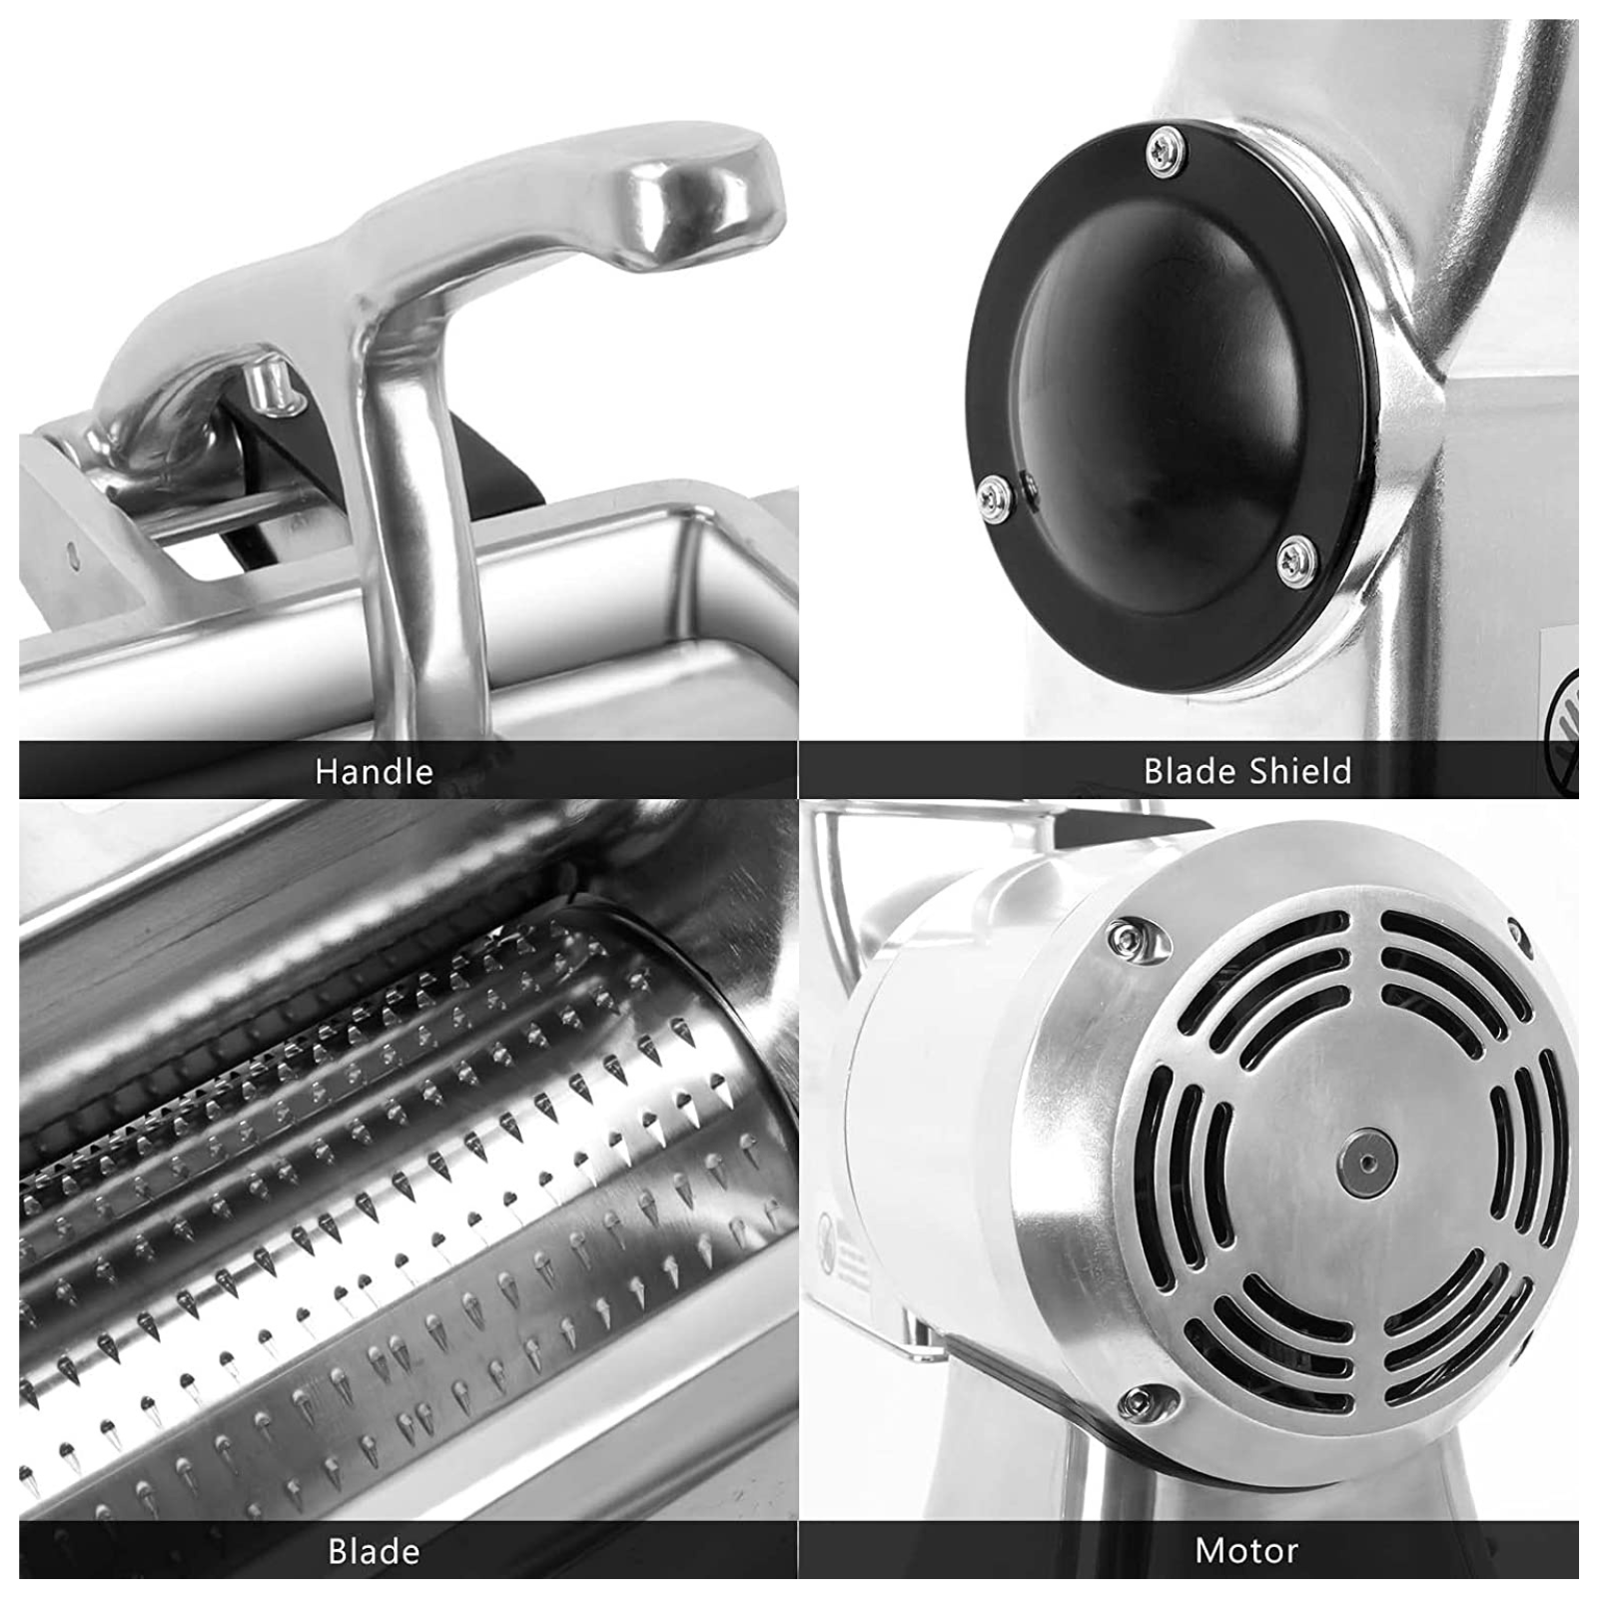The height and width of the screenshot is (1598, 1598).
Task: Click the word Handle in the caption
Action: point(374,771)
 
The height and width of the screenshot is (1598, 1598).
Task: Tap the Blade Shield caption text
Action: point(1247,771)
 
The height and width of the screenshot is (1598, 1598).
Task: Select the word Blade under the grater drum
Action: point(374,1551)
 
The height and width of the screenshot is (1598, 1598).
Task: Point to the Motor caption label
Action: point(1246,1551)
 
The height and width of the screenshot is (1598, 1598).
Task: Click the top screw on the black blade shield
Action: point(1166,151)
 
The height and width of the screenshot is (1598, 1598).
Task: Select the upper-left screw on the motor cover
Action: point(1130,937)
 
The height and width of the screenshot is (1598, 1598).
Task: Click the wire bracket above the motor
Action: point(829,879)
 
